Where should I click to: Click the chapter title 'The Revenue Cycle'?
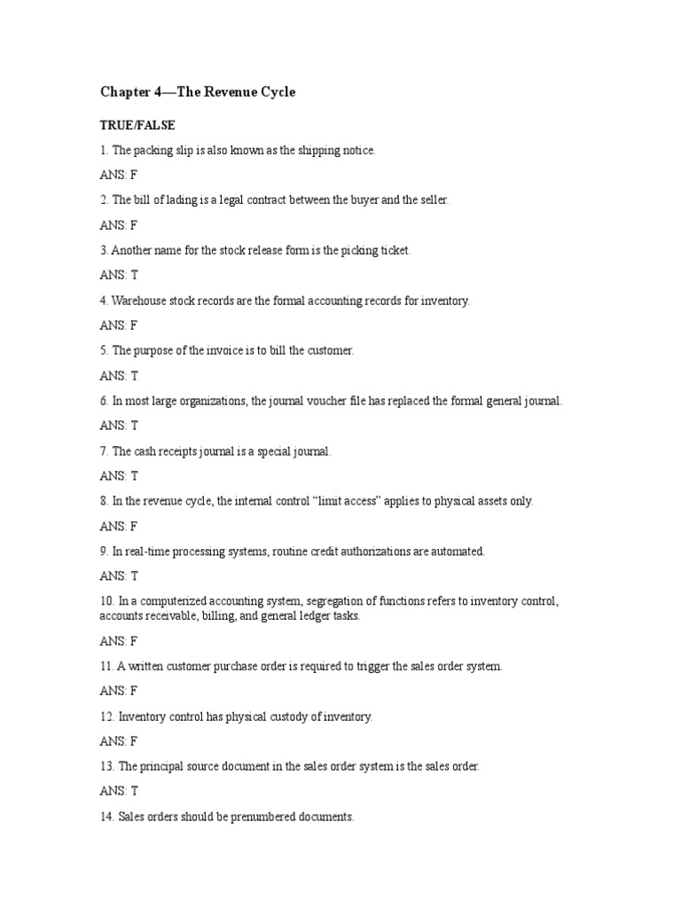point(197,92)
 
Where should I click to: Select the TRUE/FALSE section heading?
point(137,126)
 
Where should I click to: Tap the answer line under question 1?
point(119,176)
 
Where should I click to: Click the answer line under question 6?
point(119,426)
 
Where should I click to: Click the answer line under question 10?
point(119,640)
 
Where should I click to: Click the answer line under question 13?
point(119,791)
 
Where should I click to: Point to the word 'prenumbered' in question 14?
point(268,817)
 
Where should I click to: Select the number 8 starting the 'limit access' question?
point(104,501)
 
